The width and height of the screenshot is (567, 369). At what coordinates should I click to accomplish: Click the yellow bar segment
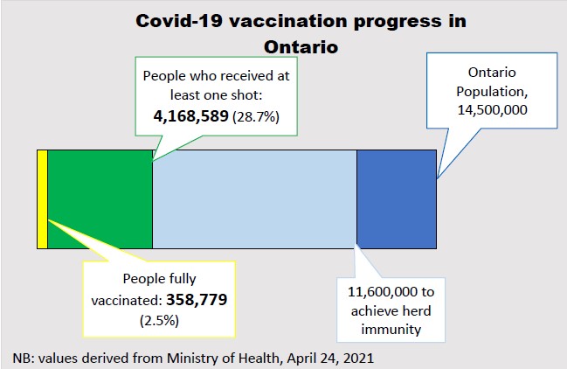coord(42,198)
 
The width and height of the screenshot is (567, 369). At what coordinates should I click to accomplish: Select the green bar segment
coord(100,198)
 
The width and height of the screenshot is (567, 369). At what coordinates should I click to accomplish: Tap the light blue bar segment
coord(254,198)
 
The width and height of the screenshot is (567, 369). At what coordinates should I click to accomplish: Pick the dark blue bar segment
coord(396,198)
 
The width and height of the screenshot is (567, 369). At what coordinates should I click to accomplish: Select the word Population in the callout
coord(484,89)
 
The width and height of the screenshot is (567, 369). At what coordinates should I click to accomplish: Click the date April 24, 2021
coord(334,358)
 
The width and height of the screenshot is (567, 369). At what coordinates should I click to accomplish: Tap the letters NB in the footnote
coord(21,358)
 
